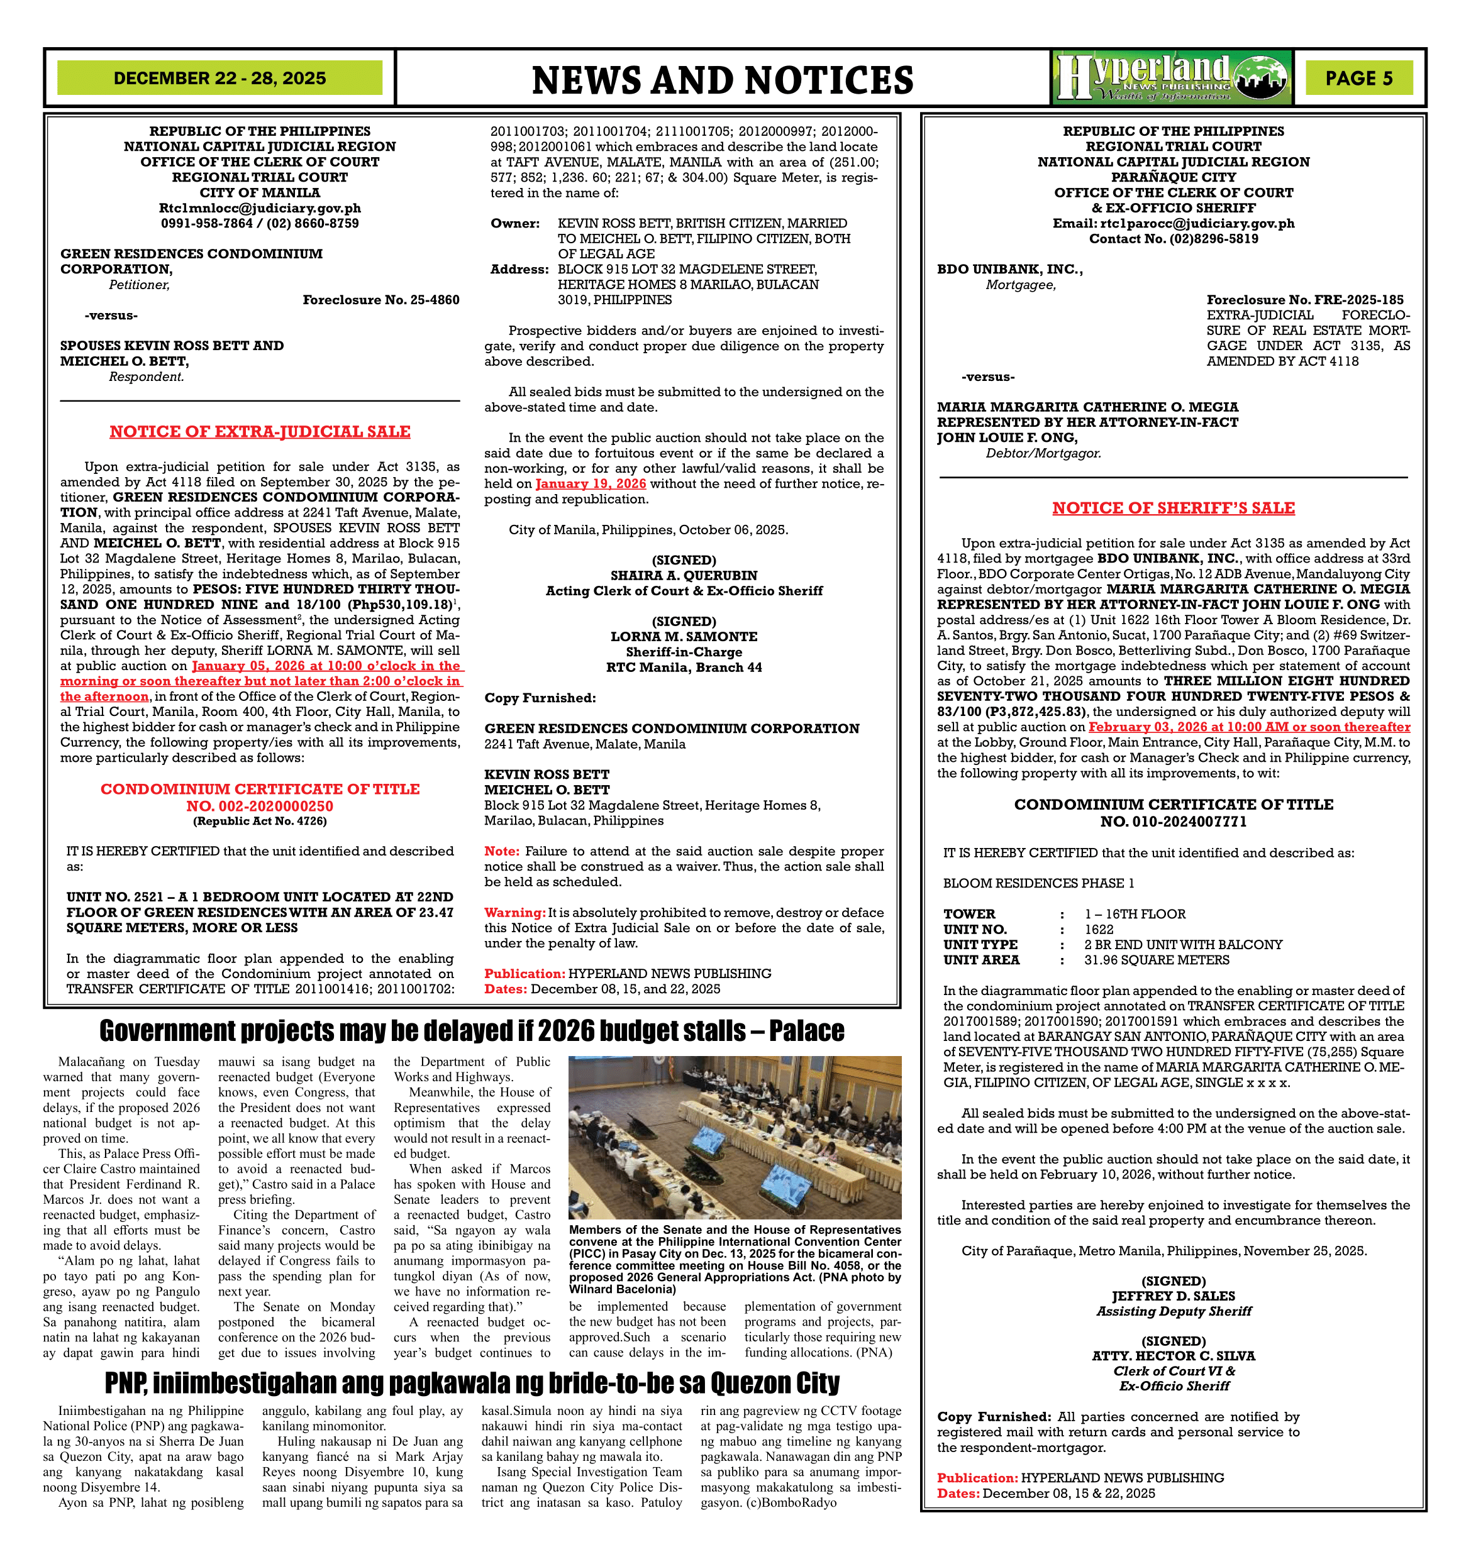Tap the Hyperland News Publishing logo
point(1172,77)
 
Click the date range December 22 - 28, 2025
point(219,79)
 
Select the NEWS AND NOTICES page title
point(722,80)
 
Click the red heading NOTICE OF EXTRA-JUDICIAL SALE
point(260,432)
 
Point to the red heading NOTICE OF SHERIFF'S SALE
point(1173,508)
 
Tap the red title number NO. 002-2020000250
point(260,806)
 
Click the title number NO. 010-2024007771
point(1173,822)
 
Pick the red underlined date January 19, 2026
point(591,483)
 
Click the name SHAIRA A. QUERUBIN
point(684,575)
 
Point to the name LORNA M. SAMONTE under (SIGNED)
point(684,637)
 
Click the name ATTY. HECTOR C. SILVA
point(1173,1356)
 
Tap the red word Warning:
point(514,912)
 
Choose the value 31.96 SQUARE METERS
point(1157,959)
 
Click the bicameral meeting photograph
point(735,1137)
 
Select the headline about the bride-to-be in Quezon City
point(472,1384)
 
